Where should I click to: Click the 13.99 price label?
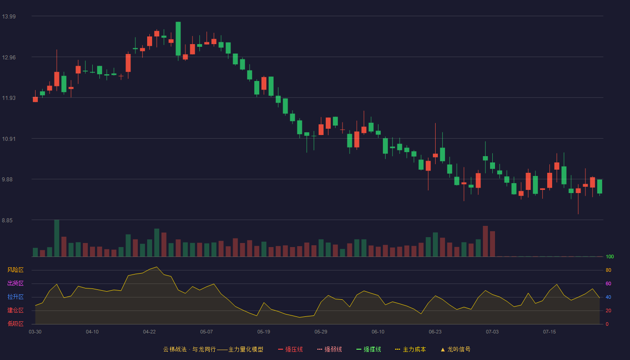(9, 17)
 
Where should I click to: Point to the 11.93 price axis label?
(9, 98)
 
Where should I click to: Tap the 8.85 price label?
(7, 220)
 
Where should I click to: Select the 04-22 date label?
(149, 332)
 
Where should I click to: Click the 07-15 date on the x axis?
(549, 332)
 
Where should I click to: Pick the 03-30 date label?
(35, 332)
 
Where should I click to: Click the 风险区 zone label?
(15, 270)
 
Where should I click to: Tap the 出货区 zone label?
(15, 283)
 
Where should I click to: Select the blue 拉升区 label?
(15, 297)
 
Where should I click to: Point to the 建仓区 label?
(15, 310)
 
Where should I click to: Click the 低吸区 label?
(15, 324)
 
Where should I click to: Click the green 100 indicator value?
(610, 256)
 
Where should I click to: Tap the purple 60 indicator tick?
(608, 283)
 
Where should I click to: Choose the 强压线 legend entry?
(291, 349)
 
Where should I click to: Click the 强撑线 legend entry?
(369, 349)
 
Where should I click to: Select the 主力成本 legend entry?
(410, 349)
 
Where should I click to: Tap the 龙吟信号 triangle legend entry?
(455, 349)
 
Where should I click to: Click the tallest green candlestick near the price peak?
(178, 39)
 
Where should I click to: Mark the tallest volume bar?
(57, 238)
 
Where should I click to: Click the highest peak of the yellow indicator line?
(157, 267)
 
